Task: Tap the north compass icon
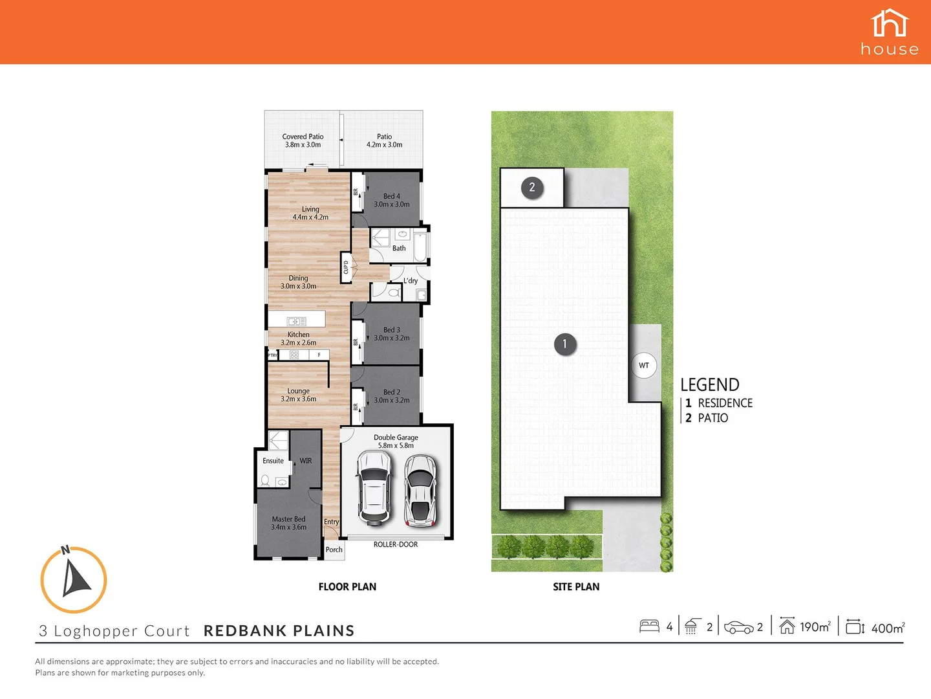74,580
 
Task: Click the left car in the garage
374,488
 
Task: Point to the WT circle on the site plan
644,366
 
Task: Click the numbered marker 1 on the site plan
564,344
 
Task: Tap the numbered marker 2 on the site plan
532,188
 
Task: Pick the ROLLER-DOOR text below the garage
396,544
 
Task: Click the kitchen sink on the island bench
297,321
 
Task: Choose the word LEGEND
709,384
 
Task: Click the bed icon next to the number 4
649,626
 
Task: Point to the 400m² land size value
888,627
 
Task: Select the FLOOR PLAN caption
347,586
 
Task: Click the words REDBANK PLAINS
279,630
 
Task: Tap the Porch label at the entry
334,549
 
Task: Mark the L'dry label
411,281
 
